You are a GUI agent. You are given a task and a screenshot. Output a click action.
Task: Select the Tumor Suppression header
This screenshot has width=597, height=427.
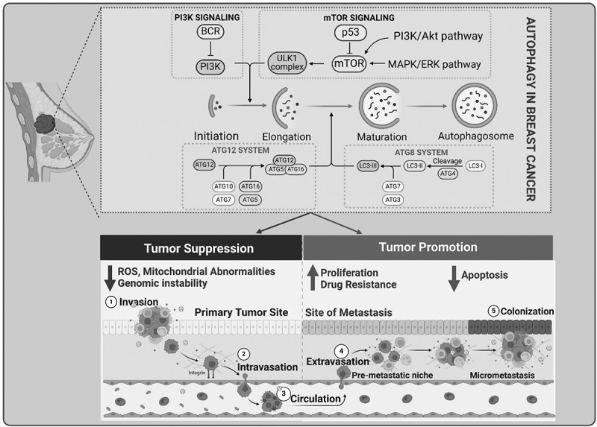point(199,248)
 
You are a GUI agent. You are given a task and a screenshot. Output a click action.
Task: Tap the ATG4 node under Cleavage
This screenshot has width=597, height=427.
point(448,174)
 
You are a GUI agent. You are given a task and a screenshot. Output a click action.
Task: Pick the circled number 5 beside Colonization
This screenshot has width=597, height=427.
point(492,311)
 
